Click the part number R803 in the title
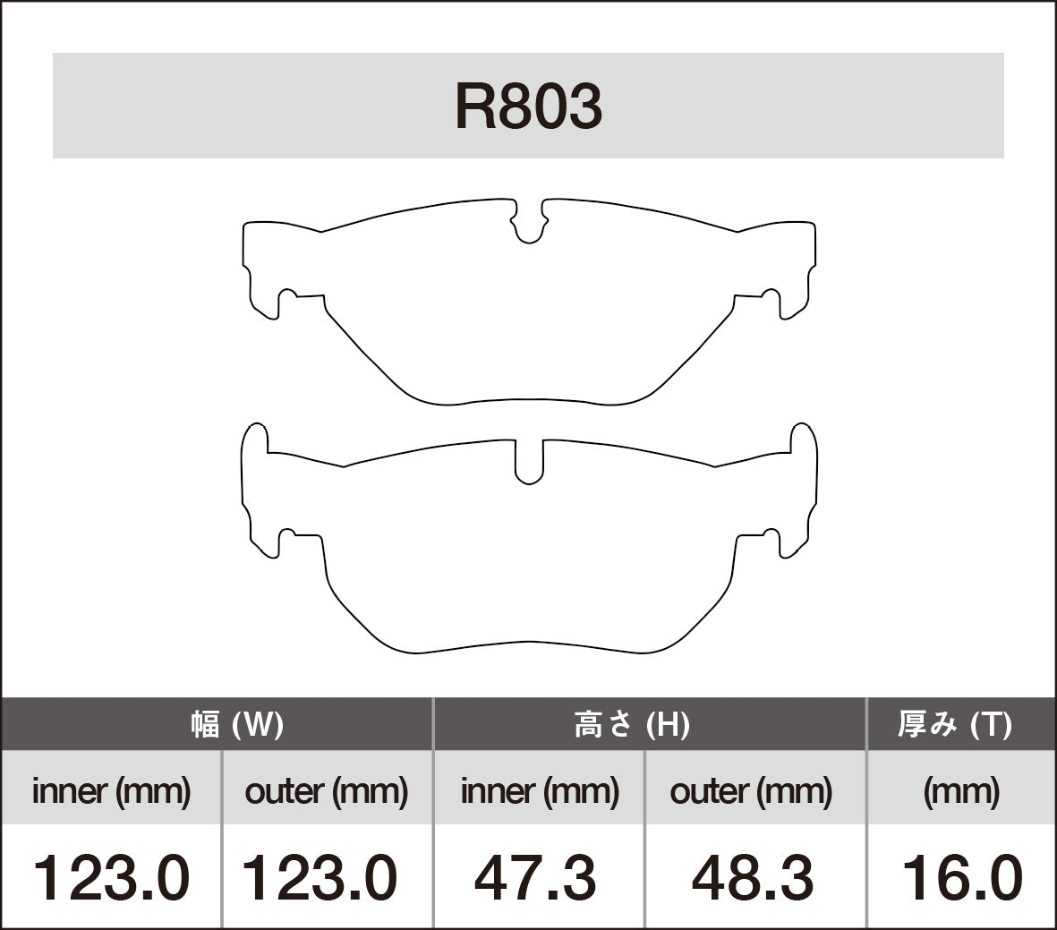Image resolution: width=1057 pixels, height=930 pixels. pyautogui.click(x=528, y=107)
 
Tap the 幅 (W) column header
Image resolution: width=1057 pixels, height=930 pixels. pyautogui.click(x=237, y=724)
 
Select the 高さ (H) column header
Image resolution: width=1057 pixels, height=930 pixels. pyautogui.click(x=632, y=724)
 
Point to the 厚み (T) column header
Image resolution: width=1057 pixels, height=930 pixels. pyautogui.click(x=954, y=724)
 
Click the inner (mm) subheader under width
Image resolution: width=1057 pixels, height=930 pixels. pyautogui.click(x=111, y=790)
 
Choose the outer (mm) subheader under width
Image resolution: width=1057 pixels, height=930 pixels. pyautogui.click(x=326, y=790)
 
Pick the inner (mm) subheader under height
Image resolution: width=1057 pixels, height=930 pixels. pyautogui.click(x=540, y=790)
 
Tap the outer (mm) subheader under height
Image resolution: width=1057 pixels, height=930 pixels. pyautogui.click(x=751, y=790)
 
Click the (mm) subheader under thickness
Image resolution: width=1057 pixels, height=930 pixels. pyautogui.click(x=961, y=790)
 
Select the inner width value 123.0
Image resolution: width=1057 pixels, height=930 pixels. pyautogui.click(x=111, y=877)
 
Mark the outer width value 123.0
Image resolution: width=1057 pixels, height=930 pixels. pyautogui.click(x=320, y=877)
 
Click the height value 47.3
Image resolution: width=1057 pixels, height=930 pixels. pyautogui.click(x=535, y=877)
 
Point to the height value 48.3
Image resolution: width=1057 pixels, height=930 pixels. pyautogui.click(x=753, y=877)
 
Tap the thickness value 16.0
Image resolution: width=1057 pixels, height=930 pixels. pyautogui.click(x=961, y=877)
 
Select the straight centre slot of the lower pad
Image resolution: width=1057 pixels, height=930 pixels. pyautogui.click(x=530, y=461)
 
